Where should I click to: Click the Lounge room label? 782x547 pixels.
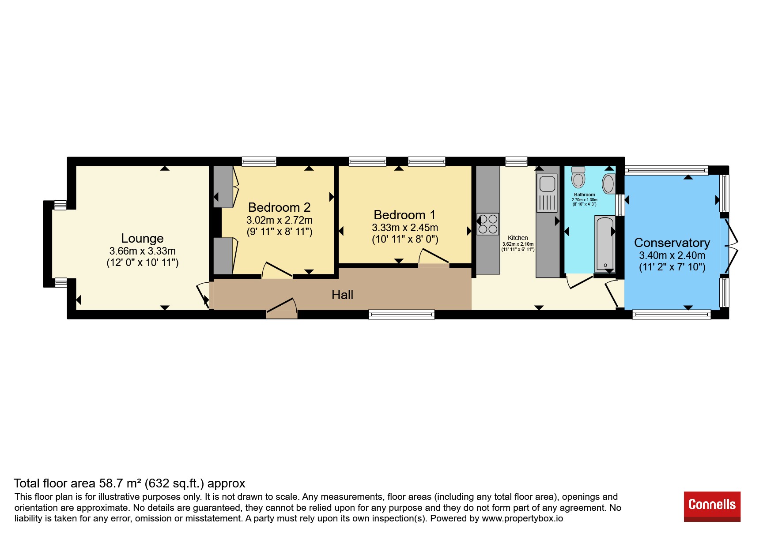pyautogui.click(x=142, y=239)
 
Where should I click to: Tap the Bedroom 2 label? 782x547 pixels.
pyautogui.click(x=279, y=207)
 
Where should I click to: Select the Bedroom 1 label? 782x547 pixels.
pyautogui.click(x=404, y=215)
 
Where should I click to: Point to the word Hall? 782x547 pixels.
pyautogui.click(x=342, y=295)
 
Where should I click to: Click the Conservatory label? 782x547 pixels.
pyautogui.click(x=672, y=243)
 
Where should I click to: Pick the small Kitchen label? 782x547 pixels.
pyautogui.click(x=518, y=238)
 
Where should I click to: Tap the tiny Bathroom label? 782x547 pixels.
pyautogui.click(x=584, y=195)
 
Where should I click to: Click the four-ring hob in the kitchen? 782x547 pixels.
pyautogui.click(x=487, y=224)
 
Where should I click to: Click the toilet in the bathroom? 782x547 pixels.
pyautogui.click(x=578, y=177)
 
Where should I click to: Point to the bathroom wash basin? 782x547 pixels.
pyautogui.click(x=608, y=184)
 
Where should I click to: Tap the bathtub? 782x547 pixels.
pyautogui.click(x=605, y=243)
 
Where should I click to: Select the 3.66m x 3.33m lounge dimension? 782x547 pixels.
pyautogui.click(x=142, y=251)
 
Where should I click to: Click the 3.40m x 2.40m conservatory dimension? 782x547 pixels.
pyautogui.click(x=672, y=255)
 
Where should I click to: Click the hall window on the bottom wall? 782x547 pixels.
pyautogui.click(x=402, y=315)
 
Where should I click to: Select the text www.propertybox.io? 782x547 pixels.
pyautogui.click(x=522, y=518)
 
